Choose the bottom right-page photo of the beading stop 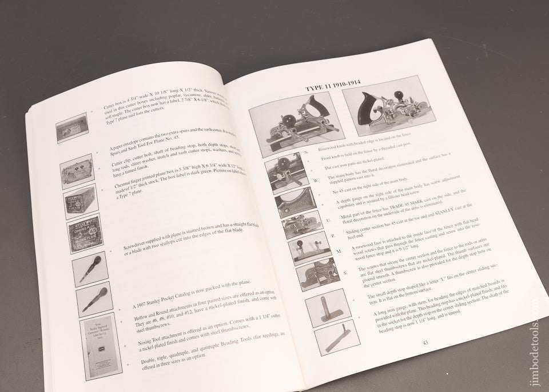(x=337, y=338)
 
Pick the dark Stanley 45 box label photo (x=85, y=233)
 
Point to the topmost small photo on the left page (x=72, y=128)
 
